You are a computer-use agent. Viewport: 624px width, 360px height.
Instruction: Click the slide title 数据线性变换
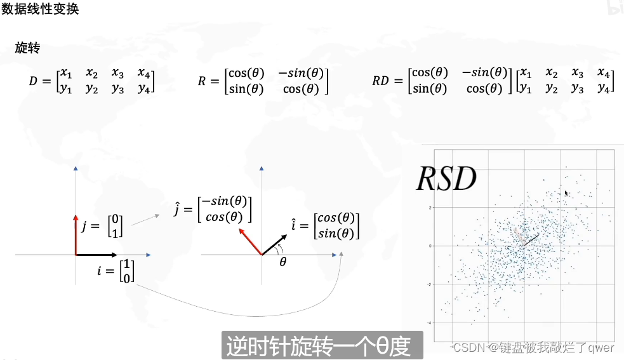[x=40, y=10]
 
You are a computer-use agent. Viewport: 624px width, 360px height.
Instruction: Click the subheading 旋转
[x=28, y=48]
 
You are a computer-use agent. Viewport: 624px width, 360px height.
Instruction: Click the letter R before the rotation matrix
[x=202, y=82]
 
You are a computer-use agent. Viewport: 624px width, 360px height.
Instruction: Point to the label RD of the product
[x=381, y=82]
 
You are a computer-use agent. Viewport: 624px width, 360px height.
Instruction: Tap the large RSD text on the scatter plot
[x=446, y=179]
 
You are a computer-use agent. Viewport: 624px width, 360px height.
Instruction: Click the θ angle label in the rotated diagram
[x=283, y=260]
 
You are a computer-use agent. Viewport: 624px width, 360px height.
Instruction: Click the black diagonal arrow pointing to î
[x=274, y=244]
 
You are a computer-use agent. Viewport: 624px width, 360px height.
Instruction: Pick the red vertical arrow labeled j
[x=76, y=235]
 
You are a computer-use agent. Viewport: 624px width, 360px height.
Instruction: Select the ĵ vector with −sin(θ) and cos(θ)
[x=213, y=208]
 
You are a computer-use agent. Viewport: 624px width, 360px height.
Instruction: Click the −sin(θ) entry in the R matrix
[x=301, y=74]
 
